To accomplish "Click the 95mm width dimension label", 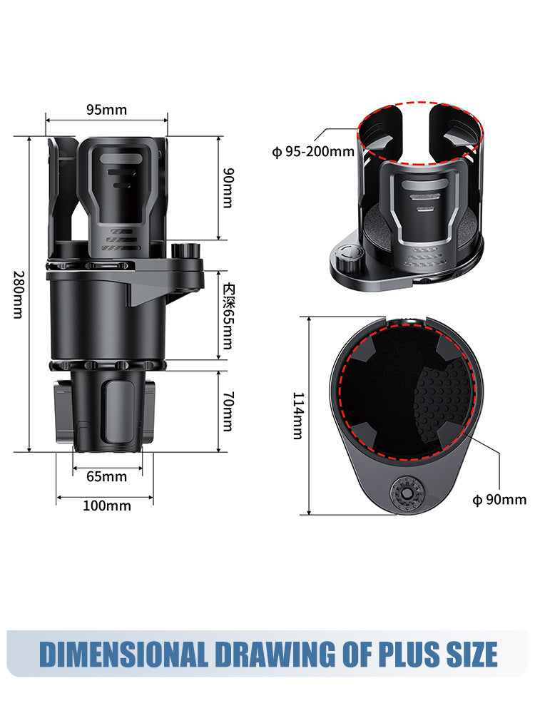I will (106, 109).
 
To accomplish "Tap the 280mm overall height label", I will (19, 294).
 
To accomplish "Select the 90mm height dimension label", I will (228, 188).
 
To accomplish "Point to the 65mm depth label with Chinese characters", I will (228, 317).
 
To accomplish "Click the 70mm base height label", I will (228, 411).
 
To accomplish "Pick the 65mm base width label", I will (106, 476).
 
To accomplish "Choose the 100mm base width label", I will (106, 506).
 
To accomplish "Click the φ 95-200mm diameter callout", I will (313, 151).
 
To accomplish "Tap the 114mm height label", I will (298, 416).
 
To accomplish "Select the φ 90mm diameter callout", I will (499, 499).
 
